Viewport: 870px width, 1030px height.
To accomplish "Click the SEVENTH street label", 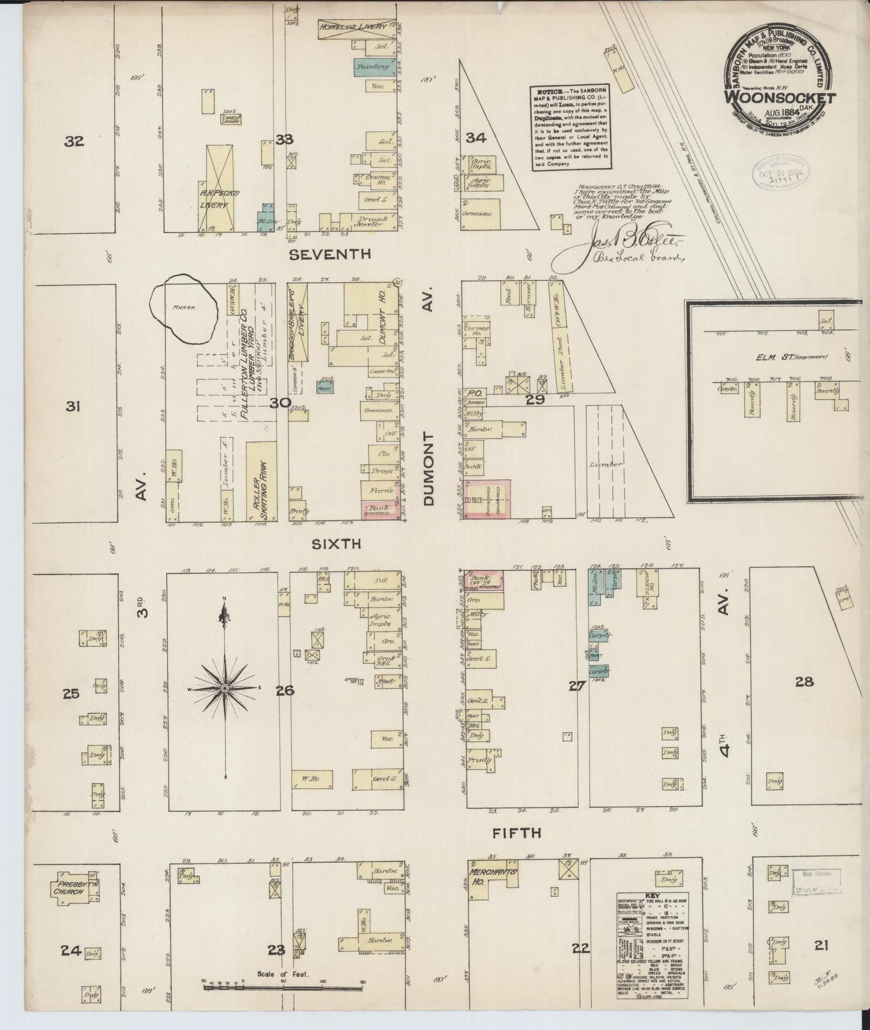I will pyautogui.click(x=329, y=255).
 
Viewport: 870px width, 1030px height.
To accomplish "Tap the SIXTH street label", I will pyautogui.click(x=336, y=544).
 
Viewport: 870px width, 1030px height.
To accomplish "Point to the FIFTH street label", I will pyautogui.click(x=517, y=833).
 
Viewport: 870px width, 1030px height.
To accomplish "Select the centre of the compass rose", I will pyautogui.click(x=225, y=688).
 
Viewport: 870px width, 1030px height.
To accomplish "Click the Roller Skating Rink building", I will pyautogui.click(x=261, y=481).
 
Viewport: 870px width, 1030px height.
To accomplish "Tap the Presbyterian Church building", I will pyautogui.click(x=76, y=888).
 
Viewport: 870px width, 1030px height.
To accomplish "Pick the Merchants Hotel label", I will pyautogui.click(x=492, y=876).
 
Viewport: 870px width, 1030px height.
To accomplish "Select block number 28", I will pyautogui.click(x=804, y=682).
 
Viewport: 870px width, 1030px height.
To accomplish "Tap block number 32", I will pyautogui.click(x=75, y=142).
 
